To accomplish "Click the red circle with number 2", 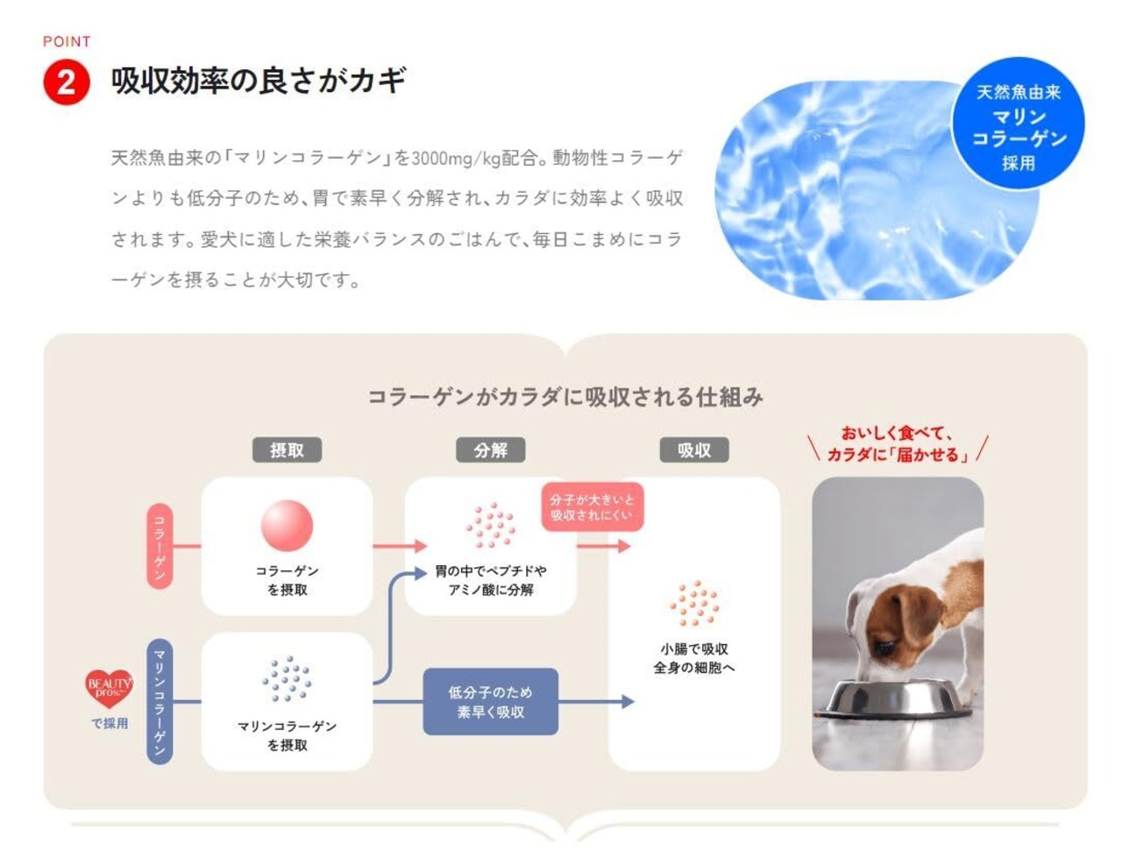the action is (66, 83).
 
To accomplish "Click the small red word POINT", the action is (67, 41).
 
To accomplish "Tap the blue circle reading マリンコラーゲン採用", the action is (1018, 125).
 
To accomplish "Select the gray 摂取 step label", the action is (287, 450).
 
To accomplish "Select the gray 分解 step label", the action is (490, 450).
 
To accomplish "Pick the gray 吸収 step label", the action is (693, 450).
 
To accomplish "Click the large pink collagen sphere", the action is (287, 525).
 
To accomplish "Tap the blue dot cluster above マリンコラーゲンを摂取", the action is (287, 678).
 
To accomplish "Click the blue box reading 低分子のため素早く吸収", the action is (490, 701).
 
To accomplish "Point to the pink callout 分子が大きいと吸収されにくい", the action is (592, 506).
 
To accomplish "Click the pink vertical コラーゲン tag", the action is (160, 546).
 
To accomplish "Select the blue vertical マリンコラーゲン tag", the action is (160, 701).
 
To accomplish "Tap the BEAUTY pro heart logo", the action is (109, 687).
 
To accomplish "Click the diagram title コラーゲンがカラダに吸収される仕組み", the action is (565, 397).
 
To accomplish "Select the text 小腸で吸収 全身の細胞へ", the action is (693, 658).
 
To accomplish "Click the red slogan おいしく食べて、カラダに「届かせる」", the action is (898, 443).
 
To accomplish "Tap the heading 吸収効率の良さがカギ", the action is (259, 81).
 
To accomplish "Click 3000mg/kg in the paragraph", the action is (455, 159).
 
